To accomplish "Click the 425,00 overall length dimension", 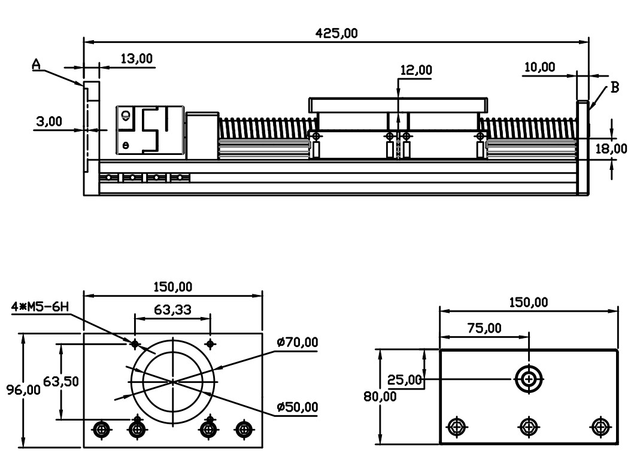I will (336, 34).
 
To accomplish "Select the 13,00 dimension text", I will (136, 59).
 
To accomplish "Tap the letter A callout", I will (36, 65).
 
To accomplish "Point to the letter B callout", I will (614, 88).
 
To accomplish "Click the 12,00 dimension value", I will (415, 70).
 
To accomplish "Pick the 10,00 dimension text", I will (539, 67).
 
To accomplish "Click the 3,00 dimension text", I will (48, 121).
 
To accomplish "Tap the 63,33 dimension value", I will (172, 309).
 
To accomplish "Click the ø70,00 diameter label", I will (298, 342).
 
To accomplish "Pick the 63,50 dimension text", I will (61, 381).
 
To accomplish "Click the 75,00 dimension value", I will (484, 327).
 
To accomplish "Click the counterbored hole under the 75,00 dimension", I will (529, 379).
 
